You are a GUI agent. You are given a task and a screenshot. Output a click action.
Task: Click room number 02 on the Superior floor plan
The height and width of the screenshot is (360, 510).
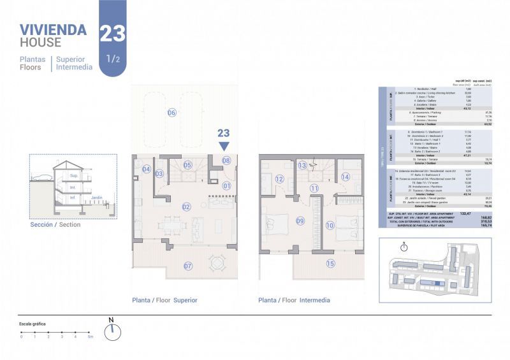coord(187,206)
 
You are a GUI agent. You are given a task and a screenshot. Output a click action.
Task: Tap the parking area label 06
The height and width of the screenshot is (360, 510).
coord(171,113)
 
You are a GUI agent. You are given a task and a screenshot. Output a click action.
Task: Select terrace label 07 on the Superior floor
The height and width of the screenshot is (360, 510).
coord(188,266)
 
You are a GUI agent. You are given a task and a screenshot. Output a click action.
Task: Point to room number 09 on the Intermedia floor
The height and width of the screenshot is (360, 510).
coord(282,222)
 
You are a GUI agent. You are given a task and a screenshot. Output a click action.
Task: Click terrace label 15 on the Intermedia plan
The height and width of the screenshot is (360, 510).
coord(330,263)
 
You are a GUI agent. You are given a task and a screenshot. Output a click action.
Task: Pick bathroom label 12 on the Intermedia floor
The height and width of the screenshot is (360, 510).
coord(279,179)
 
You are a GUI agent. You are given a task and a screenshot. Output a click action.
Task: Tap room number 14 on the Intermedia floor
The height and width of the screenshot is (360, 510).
coord(345,177)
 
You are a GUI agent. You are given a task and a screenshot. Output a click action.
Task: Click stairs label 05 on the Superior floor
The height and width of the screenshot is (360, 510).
coord(188,165)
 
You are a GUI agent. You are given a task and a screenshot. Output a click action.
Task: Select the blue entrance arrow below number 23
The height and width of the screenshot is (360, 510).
coord(224,146)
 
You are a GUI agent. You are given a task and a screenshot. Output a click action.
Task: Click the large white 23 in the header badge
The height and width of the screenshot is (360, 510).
coord(112,33)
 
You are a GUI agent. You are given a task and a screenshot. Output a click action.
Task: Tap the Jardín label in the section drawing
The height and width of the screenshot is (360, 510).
coord(97,198)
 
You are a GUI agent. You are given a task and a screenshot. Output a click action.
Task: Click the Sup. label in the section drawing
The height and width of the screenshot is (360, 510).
coord(74,175)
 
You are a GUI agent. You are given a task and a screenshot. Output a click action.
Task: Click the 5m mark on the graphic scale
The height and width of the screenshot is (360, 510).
coord(91,336)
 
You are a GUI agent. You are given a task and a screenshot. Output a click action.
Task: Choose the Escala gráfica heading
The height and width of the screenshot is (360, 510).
coord(33,324)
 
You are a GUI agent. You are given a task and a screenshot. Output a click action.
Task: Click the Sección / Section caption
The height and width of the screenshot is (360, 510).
coord(55,224)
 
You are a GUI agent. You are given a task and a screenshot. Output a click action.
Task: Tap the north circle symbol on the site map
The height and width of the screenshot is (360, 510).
coord(403,247)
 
